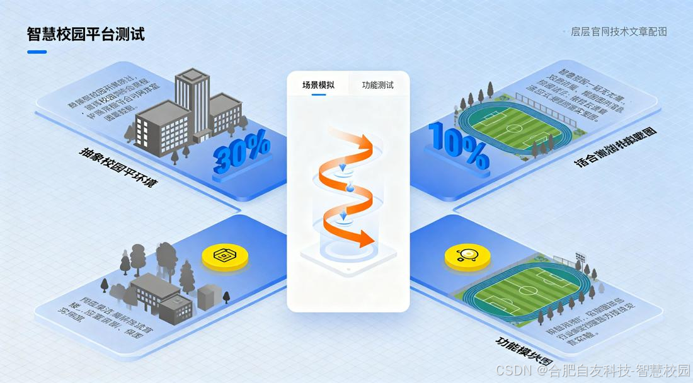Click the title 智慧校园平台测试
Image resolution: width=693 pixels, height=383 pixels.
[x=86, y=34]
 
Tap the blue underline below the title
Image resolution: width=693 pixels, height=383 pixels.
[x=37, y=52]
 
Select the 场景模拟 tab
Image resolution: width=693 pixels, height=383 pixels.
[x=318, y=85]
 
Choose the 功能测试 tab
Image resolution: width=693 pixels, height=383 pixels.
[x=378, y=85]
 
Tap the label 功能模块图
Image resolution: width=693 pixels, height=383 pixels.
[x=520, y=352]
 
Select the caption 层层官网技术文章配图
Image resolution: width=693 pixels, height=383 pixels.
[x=619, y=31]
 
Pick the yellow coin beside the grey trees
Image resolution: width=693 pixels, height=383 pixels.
[x=223, y=256]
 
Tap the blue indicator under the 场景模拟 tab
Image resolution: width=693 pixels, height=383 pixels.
[x=318, y=94]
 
